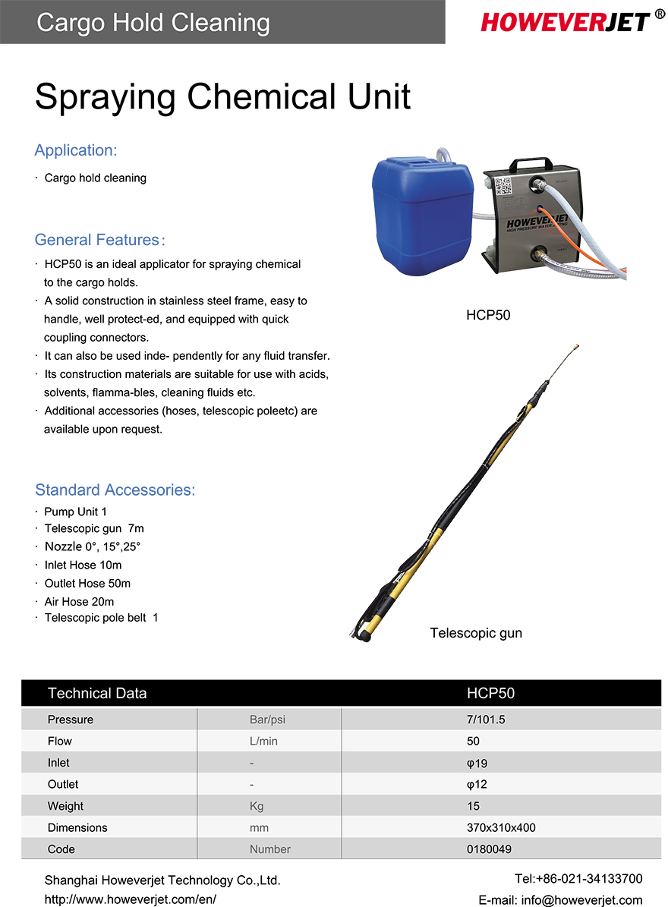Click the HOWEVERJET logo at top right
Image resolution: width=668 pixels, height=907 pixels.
click(566, 22)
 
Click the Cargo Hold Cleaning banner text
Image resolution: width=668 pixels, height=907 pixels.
click(153, 22)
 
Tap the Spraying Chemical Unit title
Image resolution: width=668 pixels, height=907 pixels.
click(222, 96)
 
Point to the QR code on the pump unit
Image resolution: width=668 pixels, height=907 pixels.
click(505, 187)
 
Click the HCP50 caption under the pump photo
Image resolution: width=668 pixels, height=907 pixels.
click(488, 315)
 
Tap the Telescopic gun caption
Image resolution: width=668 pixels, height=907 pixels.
click(476, 633)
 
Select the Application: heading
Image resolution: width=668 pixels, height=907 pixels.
click(76, 150)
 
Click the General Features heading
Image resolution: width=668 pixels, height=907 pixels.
click(99, 240)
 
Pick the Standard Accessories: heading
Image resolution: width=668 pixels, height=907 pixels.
click(115, 490)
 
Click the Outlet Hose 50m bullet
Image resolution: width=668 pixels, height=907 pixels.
click(87, 584)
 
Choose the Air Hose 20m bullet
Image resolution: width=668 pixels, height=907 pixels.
click(79, 602)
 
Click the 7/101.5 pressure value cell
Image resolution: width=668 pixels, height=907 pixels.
click(486, 720)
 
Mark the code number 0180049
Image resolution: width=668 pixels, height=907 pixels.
click(489, 849)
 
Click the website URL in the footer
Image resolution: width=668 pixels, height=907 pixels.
click(131, 899)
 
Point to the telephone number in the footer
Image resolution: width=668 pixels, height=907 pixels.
click(578, 879)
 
